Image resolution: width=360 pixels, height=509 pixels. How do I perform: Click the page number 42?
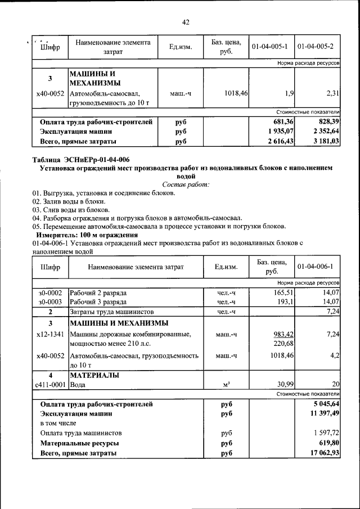pyautogui.click(x=186, y=22)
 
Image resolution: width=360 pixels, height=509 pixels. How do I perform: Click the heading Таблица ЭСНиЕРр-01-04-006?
pyautogui.click(x=81, y=160)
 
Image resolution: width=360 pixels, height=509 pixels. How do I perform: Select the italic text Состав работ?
pyautogui.click(x=186, y=184)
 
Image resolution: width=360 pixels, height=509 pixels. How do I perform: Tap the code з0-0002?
pyautogui.click(x=50, y=292)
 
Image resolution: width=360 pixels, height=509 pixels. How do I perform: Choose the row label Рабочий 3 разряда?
pyautogui.click(x=98, y=302)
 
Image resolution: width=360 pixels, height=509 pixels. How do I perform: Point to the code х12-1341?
pyautogui.click(x=50, y=334)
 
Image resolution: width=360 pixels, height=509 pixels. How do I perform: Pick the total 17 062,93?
pyautogui.click(x=322, y=453)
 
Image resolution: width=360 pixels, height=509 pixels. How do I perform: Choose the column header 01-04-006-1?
pyautogui.click(x=316, y=266)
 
